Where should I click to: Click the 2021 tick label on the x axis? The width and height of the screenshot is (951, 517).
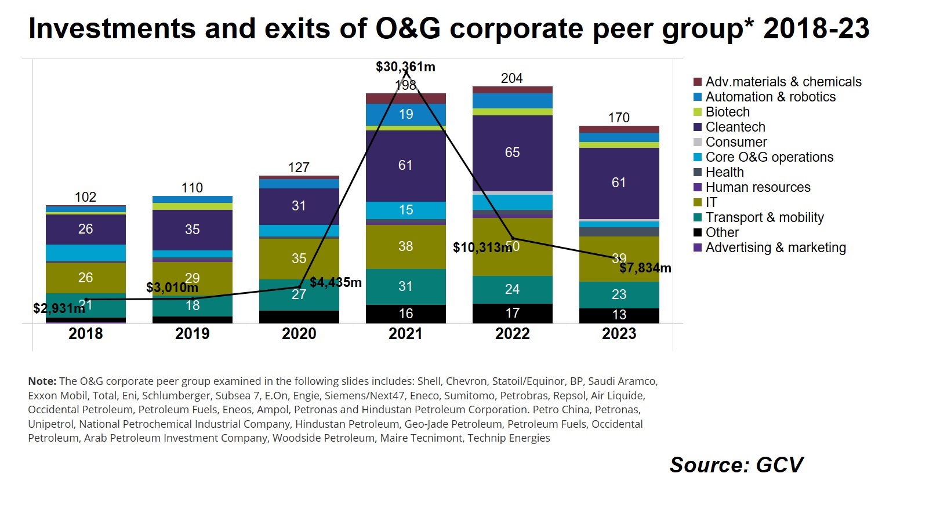coord(405,334)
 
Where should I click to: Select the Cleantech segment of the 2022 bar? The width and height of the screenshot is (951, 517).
coord(513,153)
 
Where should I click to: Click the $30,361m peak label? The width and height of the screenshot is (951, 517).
coord(405,67)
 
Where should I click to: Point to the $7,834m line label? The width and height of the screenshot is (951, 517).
coord(645,268)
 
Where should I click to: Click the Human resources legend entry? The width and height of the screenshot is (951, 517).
coord(752,187)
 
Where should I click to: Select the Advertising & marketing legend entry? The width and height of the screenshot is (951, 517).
coord(769,247)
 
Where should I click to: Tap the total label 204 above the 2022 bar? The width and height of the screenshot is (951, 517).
coord(511,78)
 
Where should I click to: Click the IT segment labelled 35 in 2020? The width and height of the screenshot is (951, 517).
coord(299,259)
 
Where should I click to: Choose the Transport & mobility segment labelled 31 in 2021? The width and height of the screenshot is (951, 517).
coord(405,287)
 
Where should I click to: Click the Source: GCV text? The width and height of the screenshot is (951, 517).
coord(736,465)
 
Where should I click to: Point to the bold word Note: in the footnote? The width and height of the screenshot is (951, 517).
coord(42,381)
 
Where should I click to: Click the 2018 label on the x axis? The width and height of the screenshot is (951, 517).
coord(85,334)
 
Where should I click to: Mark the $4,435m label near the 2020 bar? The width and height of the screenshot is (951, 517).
coord(335,282)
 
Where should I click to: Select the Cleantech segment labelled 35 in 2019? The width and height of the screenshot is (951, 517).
coord(193,230)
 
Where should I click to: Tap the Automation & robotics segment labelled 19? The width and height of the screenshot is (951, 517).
coord(405,115)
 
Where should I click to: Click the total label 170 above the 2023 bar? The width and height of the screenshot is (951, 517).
coord(619,118)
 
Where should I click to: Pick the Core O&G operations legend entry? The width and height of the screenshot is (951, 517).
coord(763,157)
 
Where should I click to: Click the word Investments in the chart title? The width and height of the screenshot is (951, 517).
coord(112,29)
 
